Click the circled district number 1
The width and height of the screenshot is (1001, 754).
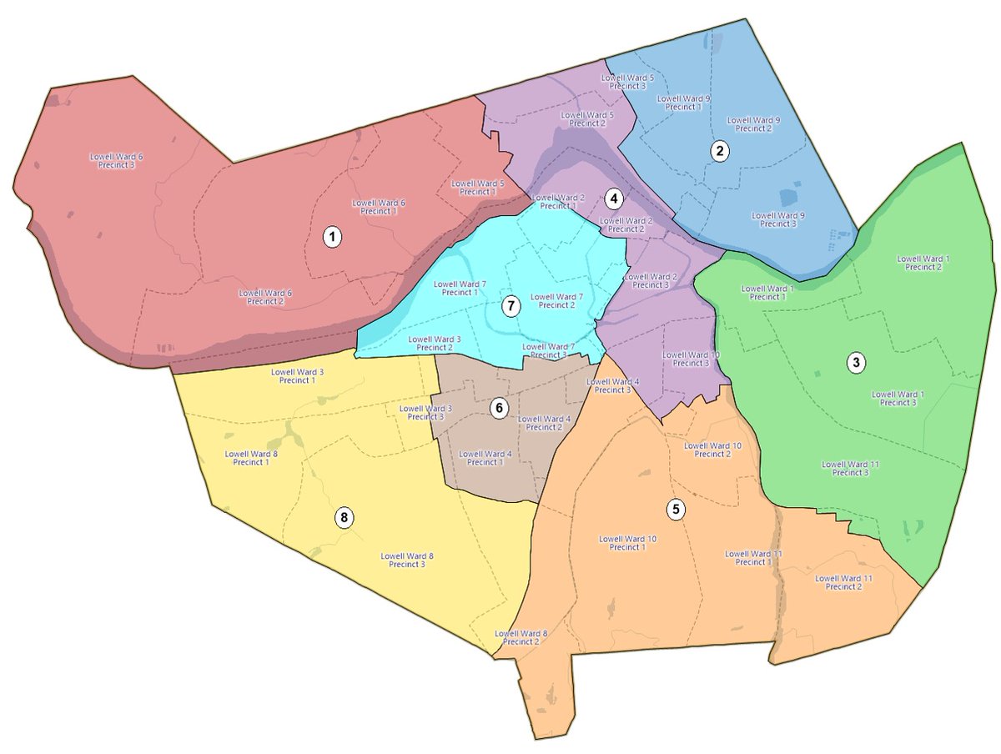tap(333, 238)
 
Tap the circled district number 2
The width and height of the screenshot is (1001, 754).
tap(719, 151)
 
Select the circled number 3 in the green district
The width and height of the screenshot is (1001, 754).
tap(856, 363)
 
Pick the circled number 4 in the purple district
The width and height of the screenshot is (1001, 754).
tap(613, 199)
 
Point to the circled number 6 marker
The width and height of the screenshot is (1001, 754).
tap(498, 408)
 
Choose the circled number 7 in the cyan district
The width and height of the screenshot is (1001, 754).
tap(510, 306)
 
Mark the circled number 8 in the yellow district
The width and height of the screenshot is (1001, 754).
tap(345, 518)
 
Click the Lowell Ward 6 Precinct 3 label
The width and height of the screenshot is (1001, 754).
tap(116, 161)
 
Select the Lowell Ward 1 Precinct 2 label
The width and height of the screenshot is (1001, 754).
tap(923, 263)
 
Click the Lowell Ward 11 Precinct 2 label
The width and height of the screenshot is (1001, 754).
tap(843, 582)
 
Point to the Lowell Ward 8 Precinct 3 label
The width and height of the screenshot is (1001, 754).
tap(407, 560)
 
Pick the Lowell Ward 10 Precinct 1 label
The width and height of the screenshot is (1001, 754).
tap(627, 543)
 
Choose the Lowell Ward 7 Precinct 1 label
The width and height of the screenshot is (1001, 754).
tap(460, 289)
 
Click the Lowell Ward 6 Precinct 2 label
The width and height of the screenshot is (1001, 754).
tap(265, 297)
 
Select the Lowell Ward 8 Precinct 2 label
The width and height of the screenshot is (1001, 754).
tap(521, 637)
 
